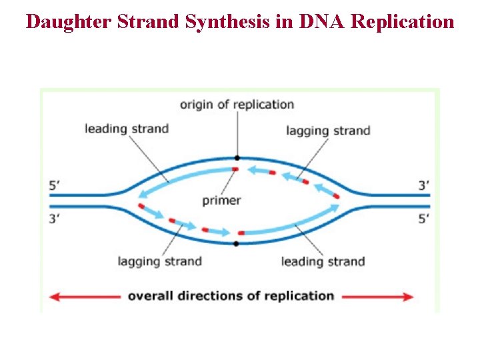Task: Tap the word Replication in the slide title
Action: [x=402, y=21]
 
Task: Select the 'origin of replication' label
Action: [x=237, y=104]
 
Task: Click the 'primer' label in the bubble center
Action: [x=221, y=200]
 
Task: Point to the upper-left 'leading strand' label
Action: [x=126, y=129]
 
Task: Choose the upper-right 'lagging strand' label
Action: [x=328, y=131]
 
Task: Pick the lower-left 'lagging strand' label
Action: [x=159, y=261]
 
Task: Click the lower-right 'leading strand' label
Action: [x=323, y=261]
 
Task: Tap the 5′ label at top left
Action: [x=57, y=186]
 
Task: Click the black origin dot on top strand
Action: [x=237, y=158]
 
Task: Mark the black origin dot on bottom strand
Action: [x=237, y=243]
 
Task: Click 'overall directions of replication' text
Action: [x=231, y=296]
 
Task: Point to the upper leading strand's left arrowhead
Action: [x=142, y=195]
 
